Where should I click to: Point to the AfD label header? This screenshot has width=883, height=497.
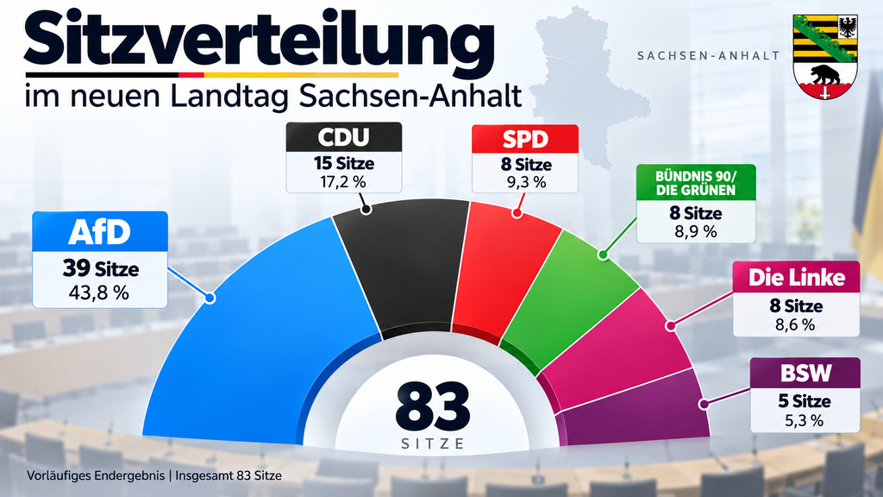pos(100,231)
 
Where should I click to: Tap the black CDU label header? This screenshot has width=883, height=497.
pos(343,137)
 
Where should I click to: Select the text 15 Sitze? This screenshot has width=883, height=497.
pos(343,163)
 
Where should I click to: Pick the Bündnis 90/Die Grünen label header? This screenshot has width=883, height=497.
pos(696,183)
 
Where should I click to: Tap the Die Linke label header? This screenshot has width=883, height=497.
pos(796,277)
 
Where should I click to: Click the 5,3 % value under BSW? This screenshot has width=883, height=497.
pos(805,420)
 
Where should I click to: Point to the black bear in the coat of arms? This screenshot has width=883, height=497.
pos(824,74)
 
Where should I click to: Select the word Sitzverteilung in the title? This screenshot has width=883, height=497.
pos(259,40)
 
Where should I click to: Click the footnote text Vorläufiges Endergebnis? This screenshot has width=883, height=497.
pos(96,475)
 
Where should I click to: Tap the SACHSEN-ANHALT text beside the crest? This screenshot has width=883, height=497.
pos(709,56)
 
